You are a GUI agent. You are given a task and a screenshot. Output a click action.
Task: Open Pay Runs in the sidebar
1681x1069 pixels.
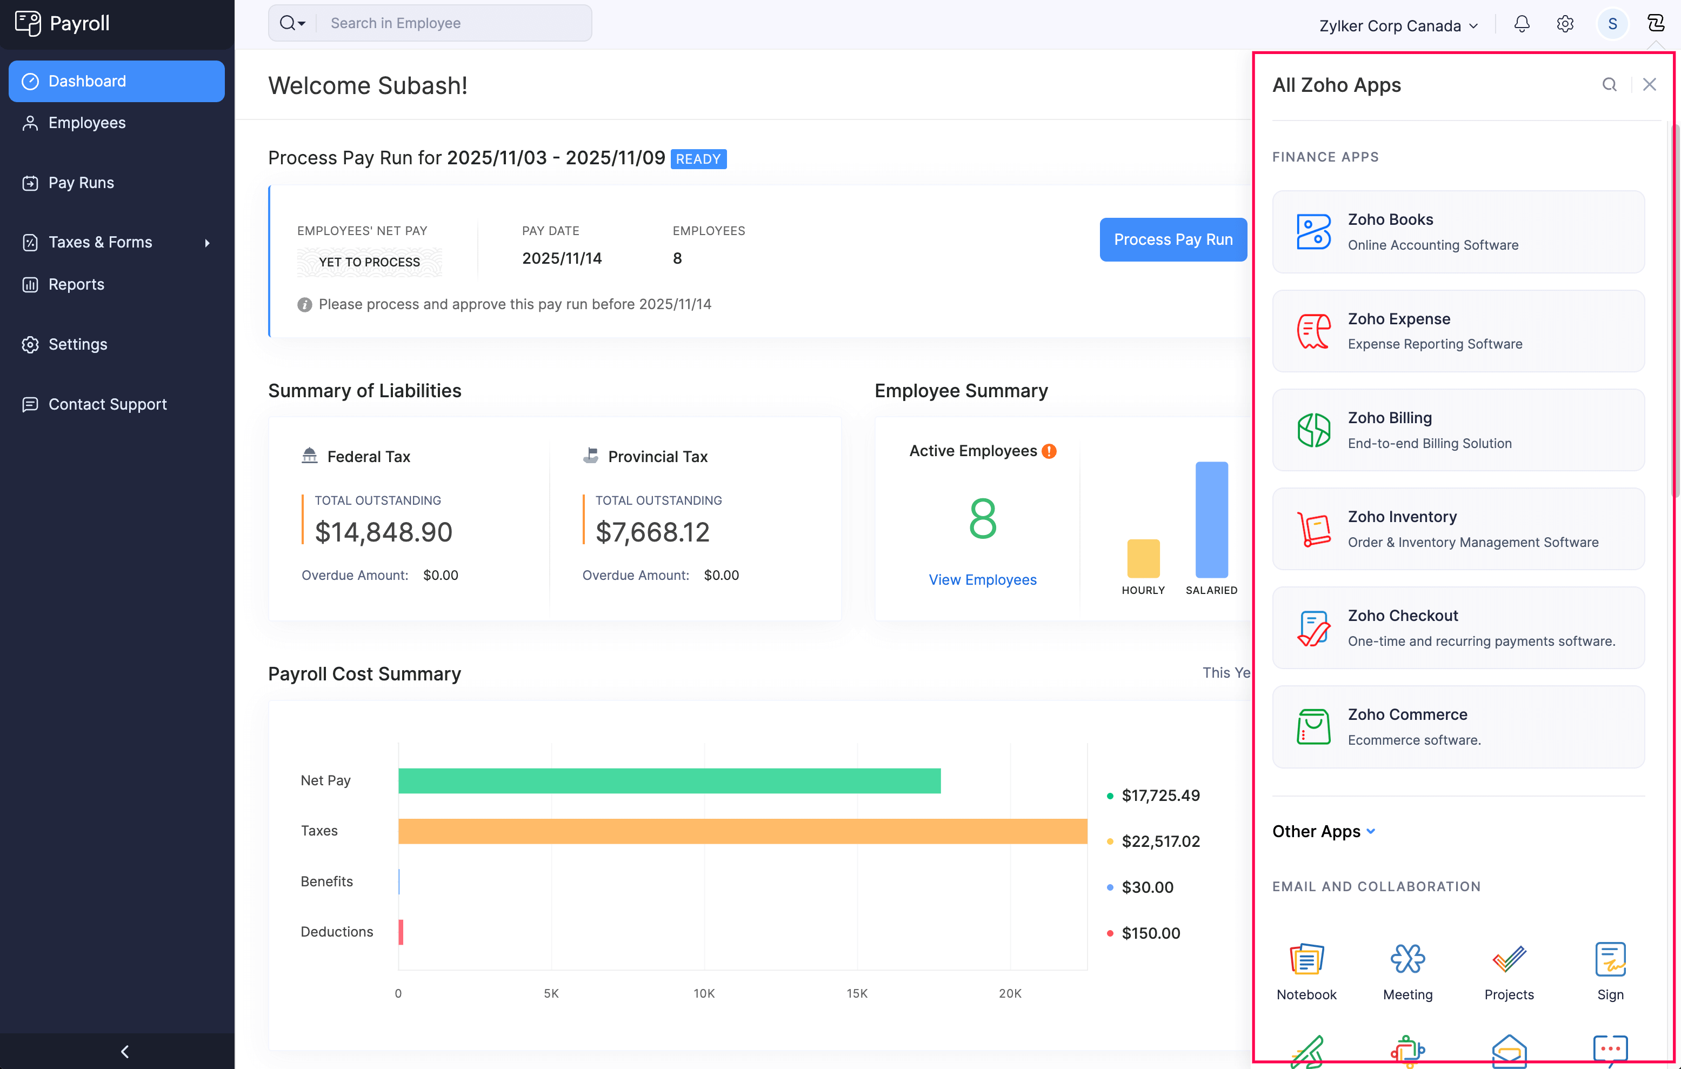(x=81, y=183)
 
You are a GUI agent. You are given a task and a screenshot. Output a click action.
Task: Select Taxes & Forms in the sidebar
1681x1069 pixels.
(x=100, y=242)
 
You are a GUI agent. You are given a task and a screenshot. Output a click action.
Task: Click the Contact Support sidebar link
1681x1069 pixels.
(x=108, y=404)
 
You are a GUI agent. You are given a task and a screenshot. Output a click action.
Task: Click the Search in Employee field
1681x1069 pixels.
(x=453, y=23)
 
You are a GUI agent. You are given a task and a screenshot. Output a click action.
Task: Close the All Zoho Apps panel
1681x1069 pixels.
(x=1649, y=84)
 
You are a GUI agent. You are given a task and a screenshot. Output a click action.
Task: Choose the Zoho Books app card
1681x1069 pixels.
(x=1458, y=232)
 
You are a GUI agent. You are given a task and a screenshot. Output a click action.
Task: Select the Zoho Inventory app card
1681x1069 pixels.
(x=1458, y=529)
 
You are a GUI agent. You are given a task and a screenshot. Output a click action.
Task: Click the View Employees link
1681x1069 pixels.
(x=982, y=580)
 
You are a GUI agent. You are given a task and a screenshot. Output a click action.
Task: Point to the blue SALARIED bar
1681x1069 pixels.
(x=1211, y=520)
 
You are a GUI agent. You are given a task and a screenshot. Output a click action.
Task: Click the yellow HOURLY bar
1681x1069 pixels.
(x=1143, y=558)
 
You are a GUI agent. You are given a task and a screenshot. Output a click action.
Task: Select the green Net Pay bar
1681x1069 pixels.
(x=669, y=781)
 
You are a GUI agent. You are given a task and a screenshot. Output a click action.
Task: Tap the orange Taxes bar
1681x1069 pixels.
(x=742, y=831)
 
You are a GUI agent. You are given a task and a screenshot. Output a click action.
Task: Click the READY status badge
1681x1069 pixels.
(x=698, y=159)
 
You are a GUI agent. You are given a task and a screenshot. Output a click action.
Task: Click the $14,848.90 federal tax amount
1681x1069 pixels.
(x=383, y=532)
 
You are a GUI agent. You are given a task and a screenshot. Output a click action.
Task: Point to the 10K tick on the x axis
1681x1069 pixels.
(x=704, y=993)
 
